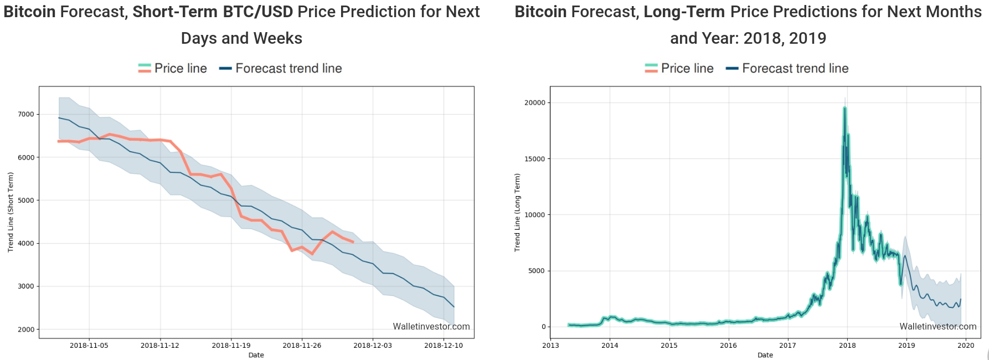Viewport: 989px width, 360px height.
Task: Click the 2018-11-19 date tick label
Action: click(231, 346)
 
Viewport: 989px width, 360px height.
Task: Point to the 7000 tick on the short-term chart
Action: click(26, 115)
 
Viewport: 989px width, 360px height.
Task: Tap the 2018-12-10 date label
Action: click(444, 346)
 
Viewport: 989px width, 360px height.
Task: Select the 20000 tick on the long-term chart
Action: click(534, 103)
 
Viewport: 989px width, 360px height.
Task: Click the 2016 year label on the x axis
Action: click(728, 346)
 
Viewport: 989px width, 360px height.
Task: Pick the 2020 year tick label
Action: click(966, 346)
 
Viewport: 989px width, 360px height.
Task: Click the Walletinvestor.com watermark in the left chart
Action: click(431, 327)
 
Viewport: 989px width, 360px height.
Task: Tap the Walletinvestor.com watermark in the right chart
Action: click(938, 327)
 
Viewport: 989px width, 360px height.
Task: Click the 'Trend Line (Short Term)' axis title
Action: click(11, 212)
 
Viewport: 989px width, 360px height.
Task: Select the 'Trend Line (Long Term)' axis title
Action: click(517, 213)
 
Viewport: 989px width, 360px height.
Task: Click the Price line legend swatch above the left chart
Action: click(145, 68)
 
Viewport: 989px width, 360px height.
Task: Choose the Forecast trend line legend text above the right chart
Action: click(795, 68)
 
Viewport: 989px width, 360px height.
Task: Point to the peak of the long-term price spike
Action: click(844, 108)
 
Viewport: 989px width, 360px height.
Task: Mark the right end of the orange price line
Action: click(353, 242)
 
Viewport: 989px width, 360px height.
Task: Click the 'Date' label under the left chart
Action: click(256, 355)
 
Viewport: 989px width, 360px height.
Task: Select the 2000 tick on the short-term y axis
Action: click(26, 330)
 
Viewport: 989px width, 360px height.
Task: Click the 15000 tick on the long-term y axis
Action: click(534, 159)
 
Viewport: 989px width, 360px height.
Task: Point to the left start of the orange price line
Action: click(58, 141)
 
